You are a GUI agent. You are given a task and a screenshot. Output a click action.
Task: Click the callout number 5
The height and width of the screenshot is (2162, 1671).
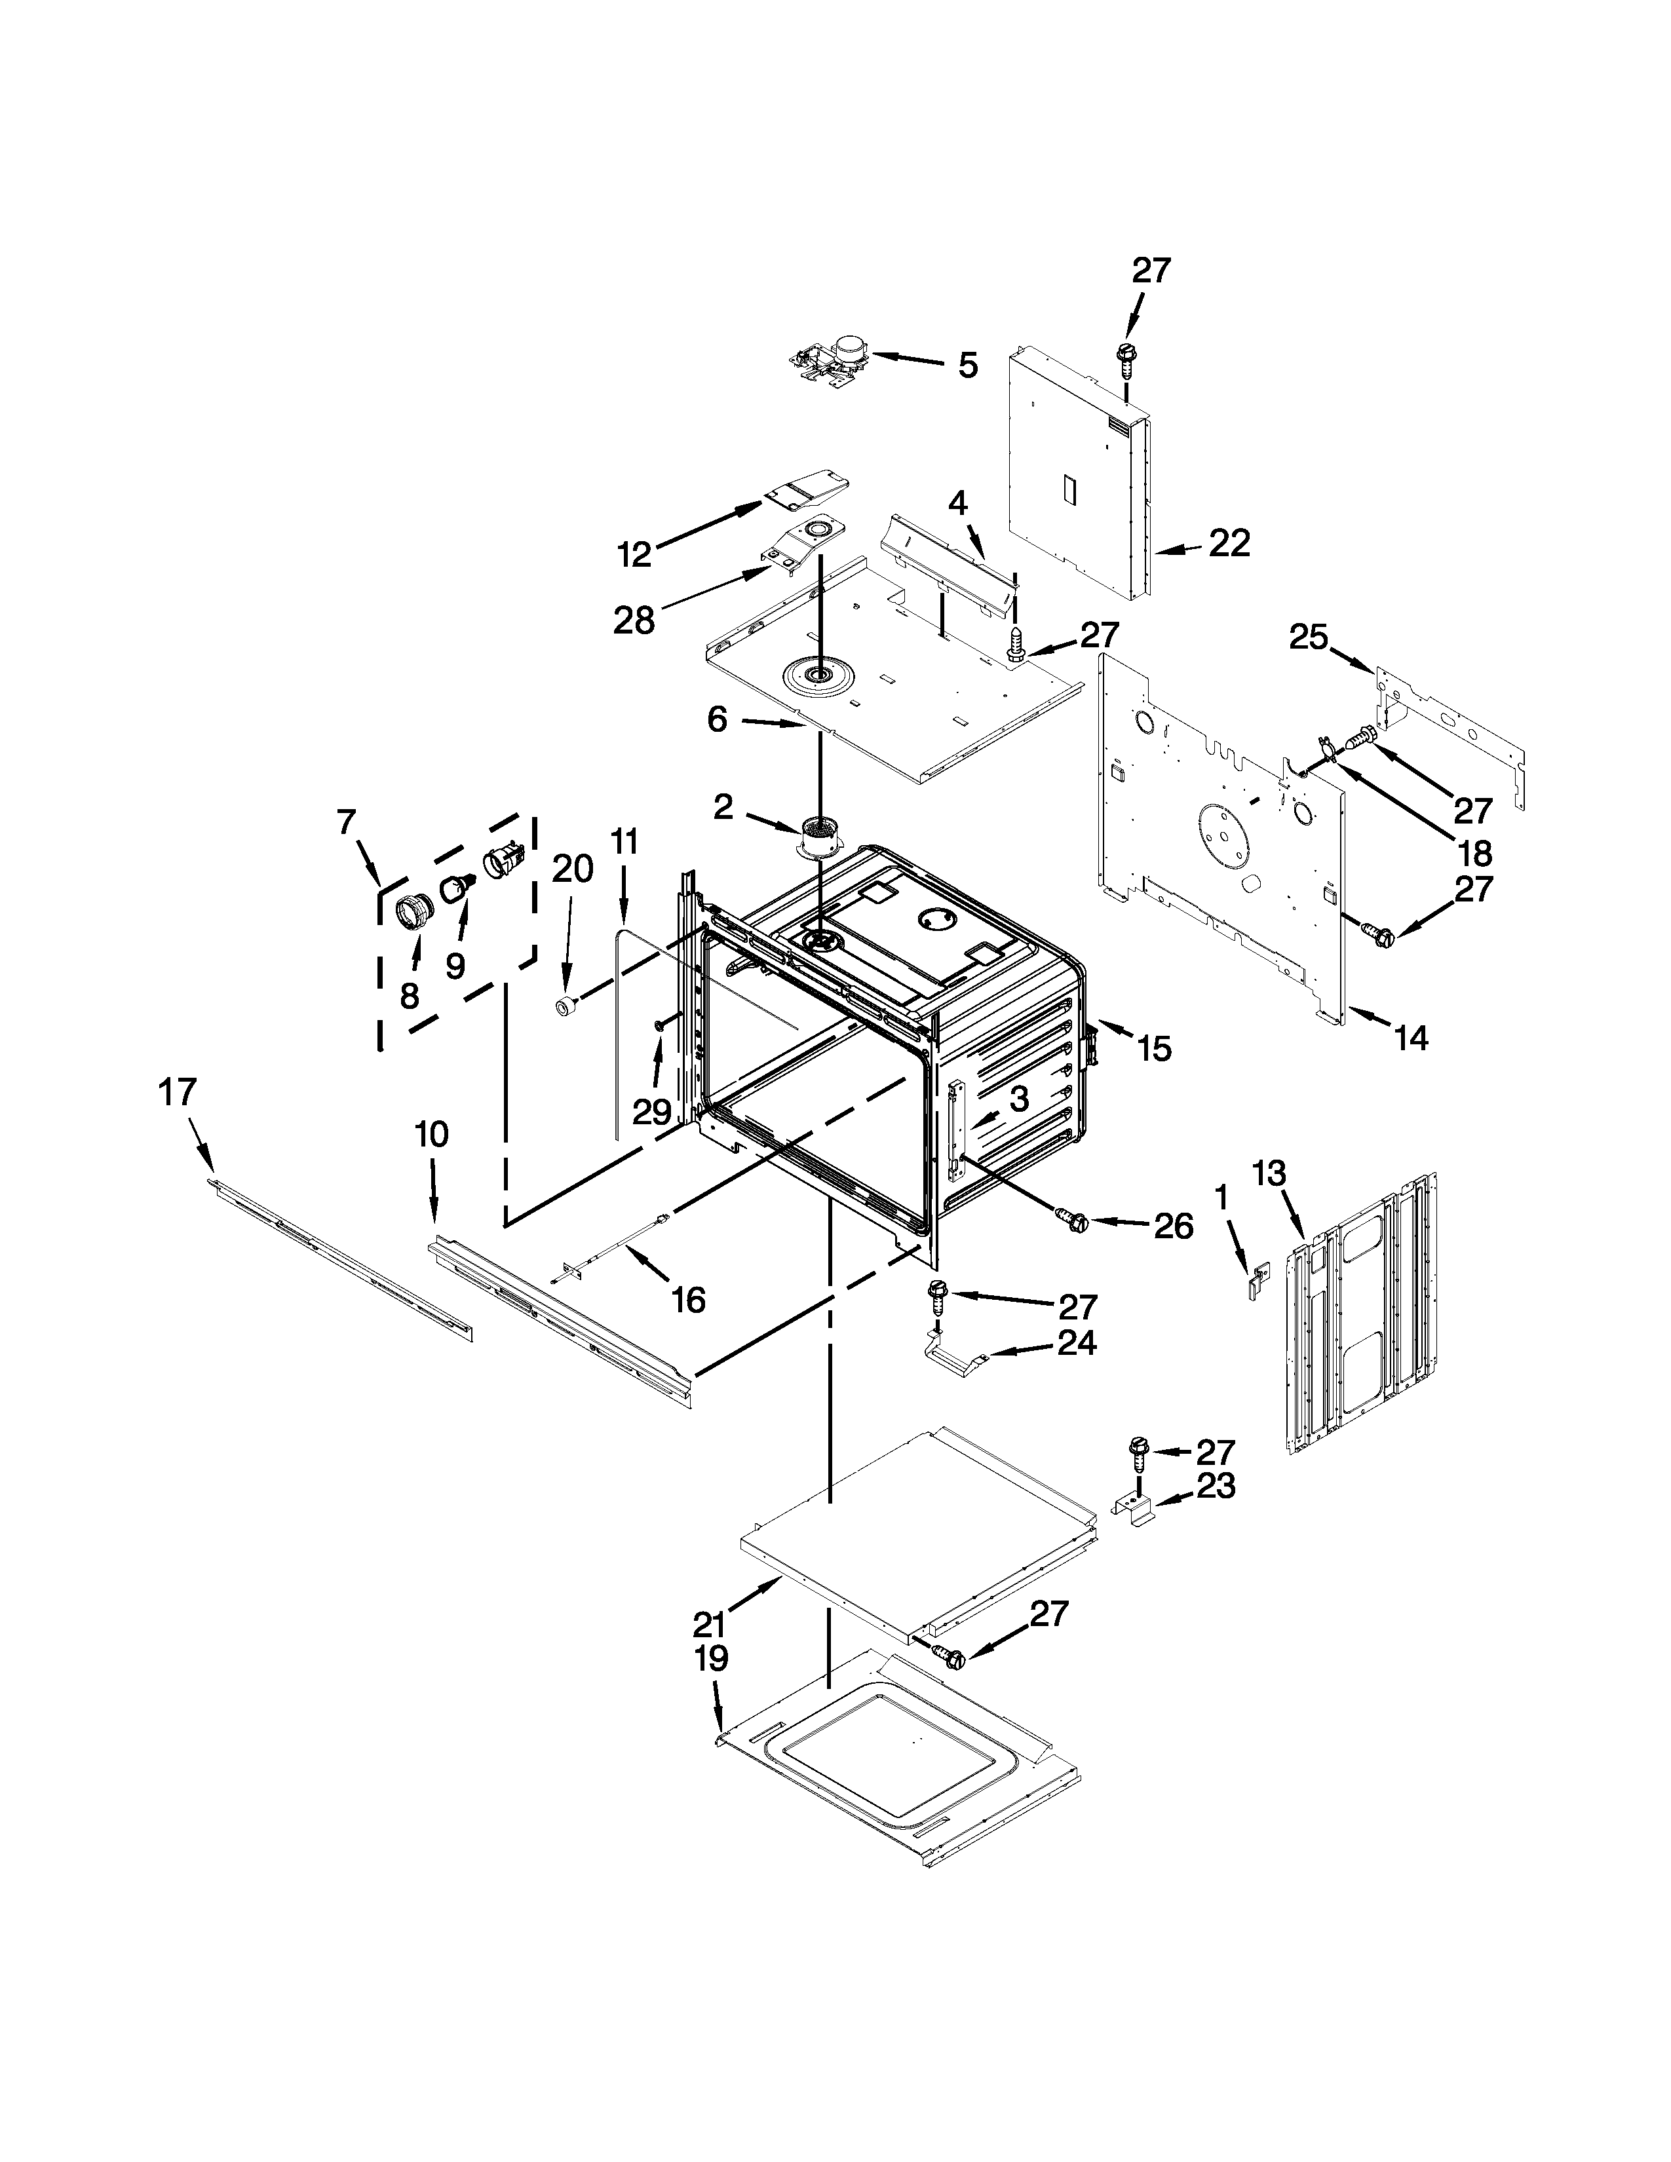point(967,366)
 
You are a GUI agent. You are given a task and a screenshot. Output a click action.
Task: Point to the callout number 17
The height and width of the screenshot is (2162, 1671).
point(178,1092)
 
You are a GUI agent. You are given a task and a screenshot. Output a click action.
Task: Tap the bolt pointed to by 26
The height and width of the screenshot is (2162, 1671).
point(1072,1220)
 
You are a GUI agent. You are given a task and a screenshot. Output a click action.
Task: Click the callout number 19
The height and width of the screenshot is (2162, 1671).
point(711,1658)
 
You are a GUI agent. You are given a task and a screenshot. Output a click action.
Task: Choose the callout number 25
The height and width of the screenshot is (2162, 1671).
point(1308,637)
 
